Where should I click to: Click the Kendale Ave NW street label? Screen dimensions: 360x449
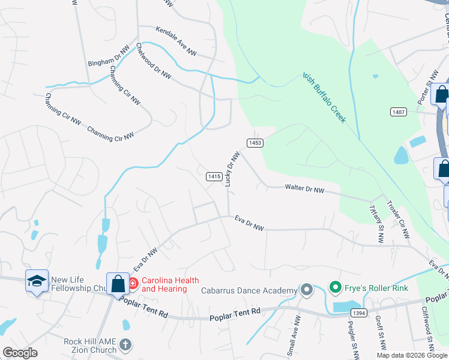176,41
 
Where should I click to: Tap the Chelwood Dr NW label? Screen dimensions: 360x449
153,61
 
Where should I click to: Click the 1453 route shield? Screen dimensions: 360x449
255,142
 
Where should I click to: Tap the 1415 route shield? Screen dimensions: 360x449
214,176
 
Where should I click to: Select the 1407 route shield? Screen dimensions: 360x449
398,112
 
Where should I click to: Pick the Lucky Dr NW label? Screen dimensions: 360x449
232,169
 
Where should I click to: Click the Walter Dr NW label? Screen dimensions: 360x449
304,189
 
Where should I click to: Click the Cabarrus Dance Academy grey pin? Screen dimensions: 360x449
307,291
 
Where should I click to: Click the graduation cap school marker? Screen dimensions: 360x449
37,280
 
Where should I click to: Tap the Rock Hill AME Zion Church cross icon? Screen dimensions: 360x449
125,344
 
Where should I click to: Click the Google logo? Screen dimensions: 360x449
20,353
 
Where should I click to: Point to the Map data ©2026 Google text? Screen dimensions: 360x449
412,355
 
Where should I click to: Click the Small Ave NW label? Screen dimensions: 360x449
292,342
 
